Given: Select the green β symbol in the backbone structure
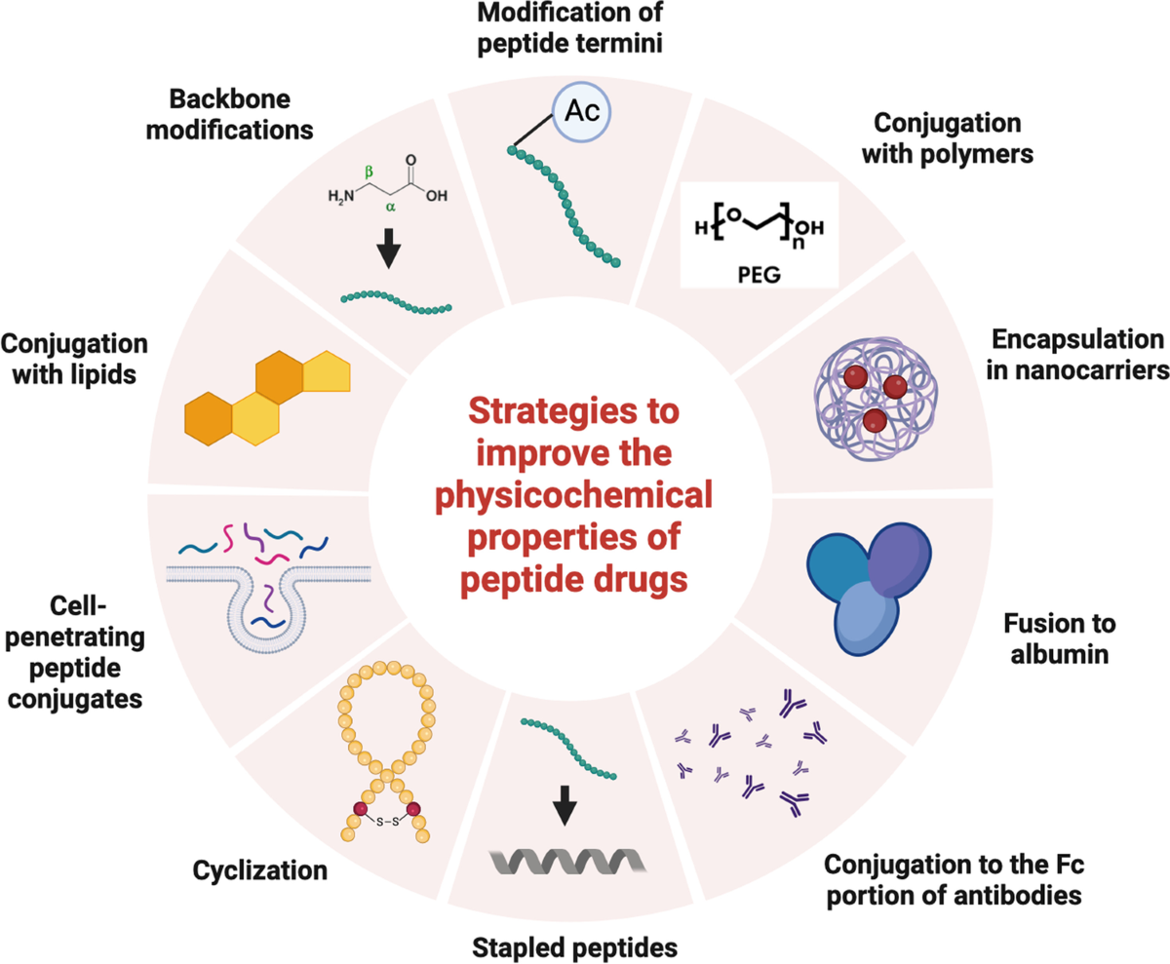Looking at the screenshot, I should pyautogui.click(x=369, y=171).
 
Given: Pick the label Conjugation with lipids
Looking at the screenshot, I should pyautogui.click(x=75, y=361).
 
